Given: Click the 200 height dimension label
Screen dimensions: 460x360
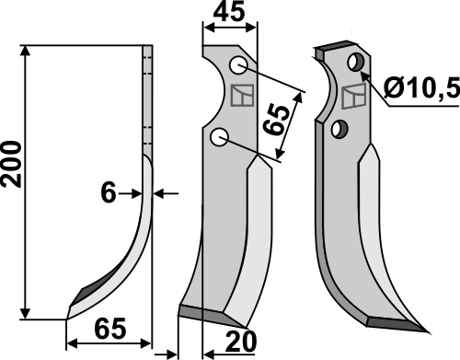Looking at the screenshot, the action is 12,164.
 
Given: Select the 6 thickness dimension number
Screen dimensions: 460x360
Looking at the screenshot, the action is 109,193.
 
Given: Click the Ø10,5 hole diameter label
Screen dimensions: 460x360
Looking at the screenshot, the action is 421,87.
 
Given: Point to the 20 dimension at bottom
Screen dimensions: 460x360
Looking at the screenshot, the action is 241,342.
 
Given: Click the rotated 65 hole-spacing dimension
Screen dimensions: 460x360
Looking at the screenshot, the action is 277,120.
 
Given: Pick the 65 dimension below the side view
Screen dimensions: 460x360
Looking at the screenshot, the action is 110,329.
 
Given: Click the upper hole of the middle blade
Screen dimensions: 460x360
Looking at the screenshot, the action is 238,65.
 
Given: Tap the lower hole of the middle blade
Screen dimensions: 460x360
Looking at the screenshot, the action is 219,137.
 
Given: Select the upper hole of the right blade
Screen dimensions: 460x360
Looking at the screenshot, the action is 356,62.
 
